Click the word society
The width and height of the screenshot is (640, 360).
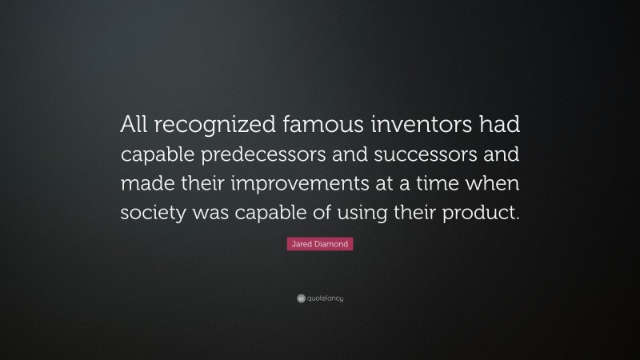click(152, 214)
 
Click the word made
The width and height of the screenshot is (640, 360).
click(143, 184)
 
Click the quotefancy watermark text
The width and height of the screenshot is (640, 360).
click(325, 298)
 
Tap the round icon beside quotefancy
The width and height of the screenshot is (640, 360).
click(299, 298)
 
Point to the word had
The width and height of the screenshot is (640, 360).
click(499, 124)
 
